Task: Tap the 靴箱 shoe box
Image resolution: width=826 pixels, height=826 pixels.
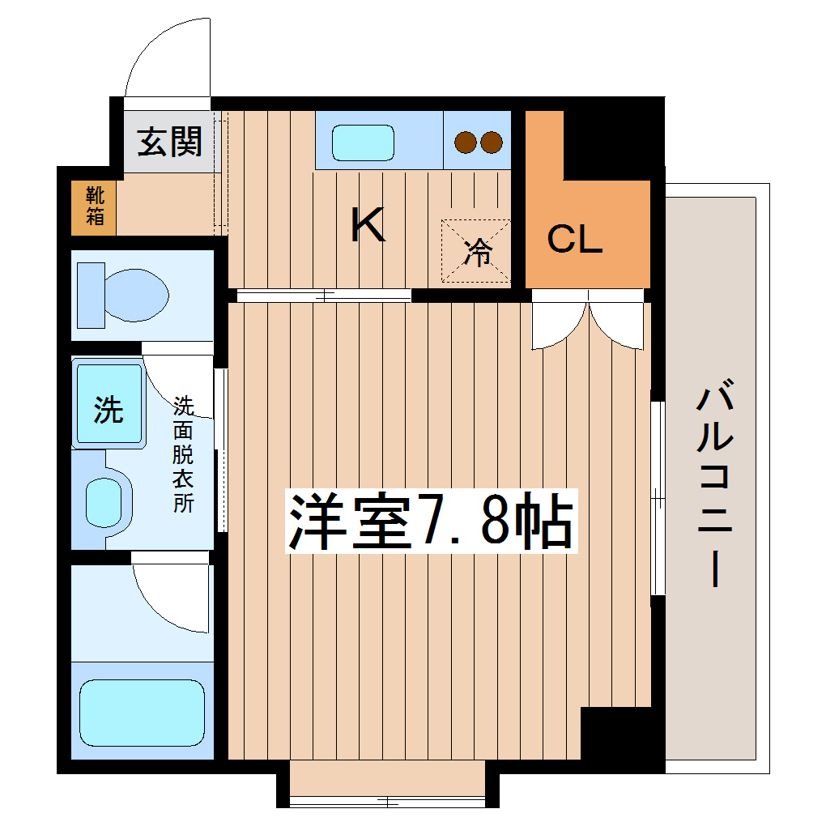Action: (94, 206)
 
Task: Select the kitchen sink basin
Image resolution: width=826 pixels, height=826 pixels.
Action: (364, 143)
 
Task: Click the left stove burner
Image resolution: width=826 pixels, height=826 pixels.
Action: (465, 143)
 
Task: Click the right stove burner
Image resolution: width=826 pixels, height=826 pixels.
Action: (491, 143)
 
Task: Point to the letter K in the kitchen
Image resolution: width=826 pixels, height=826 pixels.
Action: (367, 225)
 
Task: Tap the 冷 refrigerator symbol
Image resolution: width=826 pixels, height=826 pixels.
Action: (477, 251)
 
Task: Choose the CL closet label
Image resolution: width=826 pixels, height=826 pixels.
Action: (574, 240)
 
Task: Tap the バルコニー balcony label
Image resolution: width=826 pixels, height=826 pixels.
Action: (714, 486)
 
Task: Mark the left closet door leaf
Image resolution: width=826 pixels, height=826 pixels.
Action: (559, 324)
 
